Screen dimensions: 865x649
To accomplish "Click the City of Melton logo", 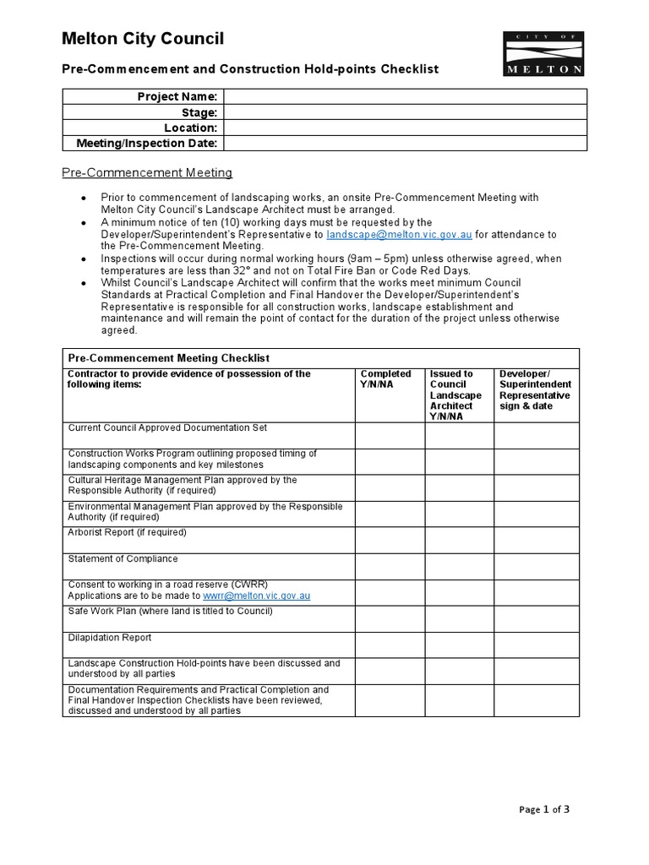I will (543, 54).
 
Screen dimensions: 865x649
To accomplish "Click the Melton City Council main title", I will (144, 38).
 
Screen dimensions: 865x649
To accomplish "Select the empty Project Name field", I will (405, 97).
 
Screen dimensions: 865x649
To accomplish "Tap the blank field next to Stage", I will (405, 112).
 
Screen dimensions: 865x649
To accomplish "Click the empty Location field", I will (405, 128).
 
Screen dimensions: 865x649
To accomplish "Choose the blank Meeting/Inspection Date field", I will (405, 143).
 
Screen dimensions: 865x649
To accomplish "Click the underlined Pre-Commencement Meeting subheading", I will (147, 173).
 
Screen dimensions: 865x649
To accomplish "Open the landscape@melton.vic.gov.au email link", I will (399, 234).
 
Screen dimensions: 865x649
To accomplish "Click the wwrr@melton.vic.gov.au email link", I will (256, 596).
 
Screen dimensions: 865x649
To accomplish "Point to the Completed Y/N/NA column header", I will (386, 379).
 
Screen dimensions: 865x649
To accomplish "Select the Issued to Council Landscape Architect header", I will (455, 394).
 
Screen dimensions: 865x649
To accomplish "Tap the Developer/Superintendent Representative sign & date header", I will (535, 389).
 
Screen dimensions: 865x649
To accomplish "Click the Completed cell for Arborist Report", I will (389, 541).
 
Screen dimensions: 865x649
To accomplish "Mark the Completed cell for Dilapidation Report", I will (389, 645).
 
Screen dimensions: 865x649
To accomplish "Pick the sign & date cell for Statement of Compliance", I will (537, 567).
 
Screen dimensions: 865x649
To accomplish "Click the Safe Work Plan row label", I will (170, 611).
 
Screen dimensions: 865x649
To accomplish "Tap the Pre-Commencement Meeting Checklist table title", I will (168, 358).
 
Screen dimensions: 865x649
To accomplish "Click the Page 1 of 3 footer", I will (544, 809).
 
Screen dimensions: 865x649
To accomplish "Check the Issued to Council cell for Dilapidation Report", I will (459, 645).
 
